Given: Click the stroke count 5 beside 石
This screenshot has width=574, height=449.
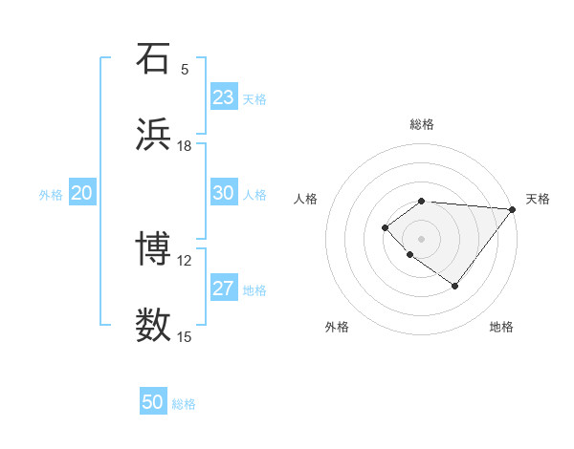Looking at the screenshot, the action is coord(185,69).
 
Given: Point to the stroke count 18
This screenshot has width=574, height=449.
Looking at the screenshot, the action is coord(185,145).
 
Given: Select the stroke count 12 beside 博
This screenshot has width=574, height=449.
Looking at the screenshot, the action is coord(185,260).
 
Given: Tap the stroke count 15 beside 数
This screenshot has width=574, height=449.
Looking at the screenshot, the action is coord(185,336).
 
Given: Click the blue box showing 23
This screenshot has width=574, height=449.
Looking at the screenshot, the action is coord(224,97).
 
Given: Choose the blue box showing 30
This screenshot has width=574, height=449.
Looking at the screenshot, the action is coord(224,193).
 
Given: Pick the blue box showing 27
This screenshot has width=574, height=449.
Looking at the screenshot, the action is coord(224,289).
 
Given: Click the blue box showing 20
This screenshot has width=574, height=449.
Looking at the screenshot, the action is coord(82,193).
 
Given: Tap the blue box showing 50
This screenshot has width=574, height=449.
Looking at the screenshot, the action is coord(153,402).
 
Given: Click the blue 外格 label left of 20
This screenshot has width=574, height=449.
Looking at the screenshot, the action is coord(51,195).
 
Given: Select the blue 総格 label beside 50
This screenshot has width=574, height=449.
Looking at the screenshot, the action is coord(184,404).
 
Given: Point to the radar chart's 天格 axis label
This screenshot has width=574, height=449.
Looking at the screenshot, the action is coord(538,199).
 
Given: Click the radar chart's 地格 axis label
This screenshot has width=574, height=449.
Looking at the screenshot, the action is coord(501,327).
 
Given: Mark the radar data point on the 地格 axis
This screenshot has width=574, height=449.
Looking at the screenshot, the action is coord(455,286).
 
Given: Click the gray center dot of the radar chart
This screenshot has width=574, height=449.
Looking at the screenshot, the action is coord(421,238).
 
